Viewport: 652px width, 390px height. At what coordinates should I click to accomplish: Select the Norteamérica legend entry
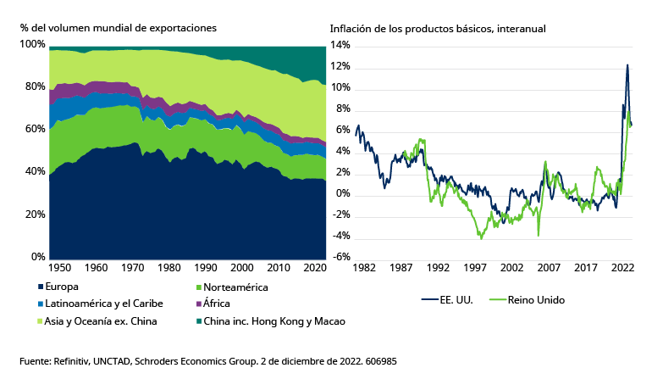coord(230,287)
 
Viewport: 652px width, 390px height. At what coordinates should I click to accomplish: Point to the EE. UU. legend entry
coord(456,300)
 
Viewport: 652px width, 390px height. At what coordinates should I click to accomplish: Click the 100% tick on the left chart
coord(32,44)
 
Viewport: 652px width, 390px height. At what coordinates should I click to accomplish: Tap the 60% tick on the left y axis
coord(35,129)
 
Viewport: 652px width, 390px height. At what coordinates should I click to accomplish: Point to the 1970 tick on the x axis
coord(133,268)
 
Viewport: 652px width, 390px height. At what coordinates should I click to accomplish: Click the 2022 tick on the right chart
coord(623,268)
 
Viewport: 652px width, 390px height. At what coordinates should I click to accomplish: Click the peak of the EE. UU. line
coord(627,64)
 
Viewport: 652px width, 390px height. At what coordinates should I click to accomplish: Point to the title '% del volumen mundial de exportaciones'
coord(119,28)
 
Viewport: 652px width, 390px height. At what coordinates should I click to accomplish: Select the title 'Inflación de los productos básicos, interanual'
coord(438,28)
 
